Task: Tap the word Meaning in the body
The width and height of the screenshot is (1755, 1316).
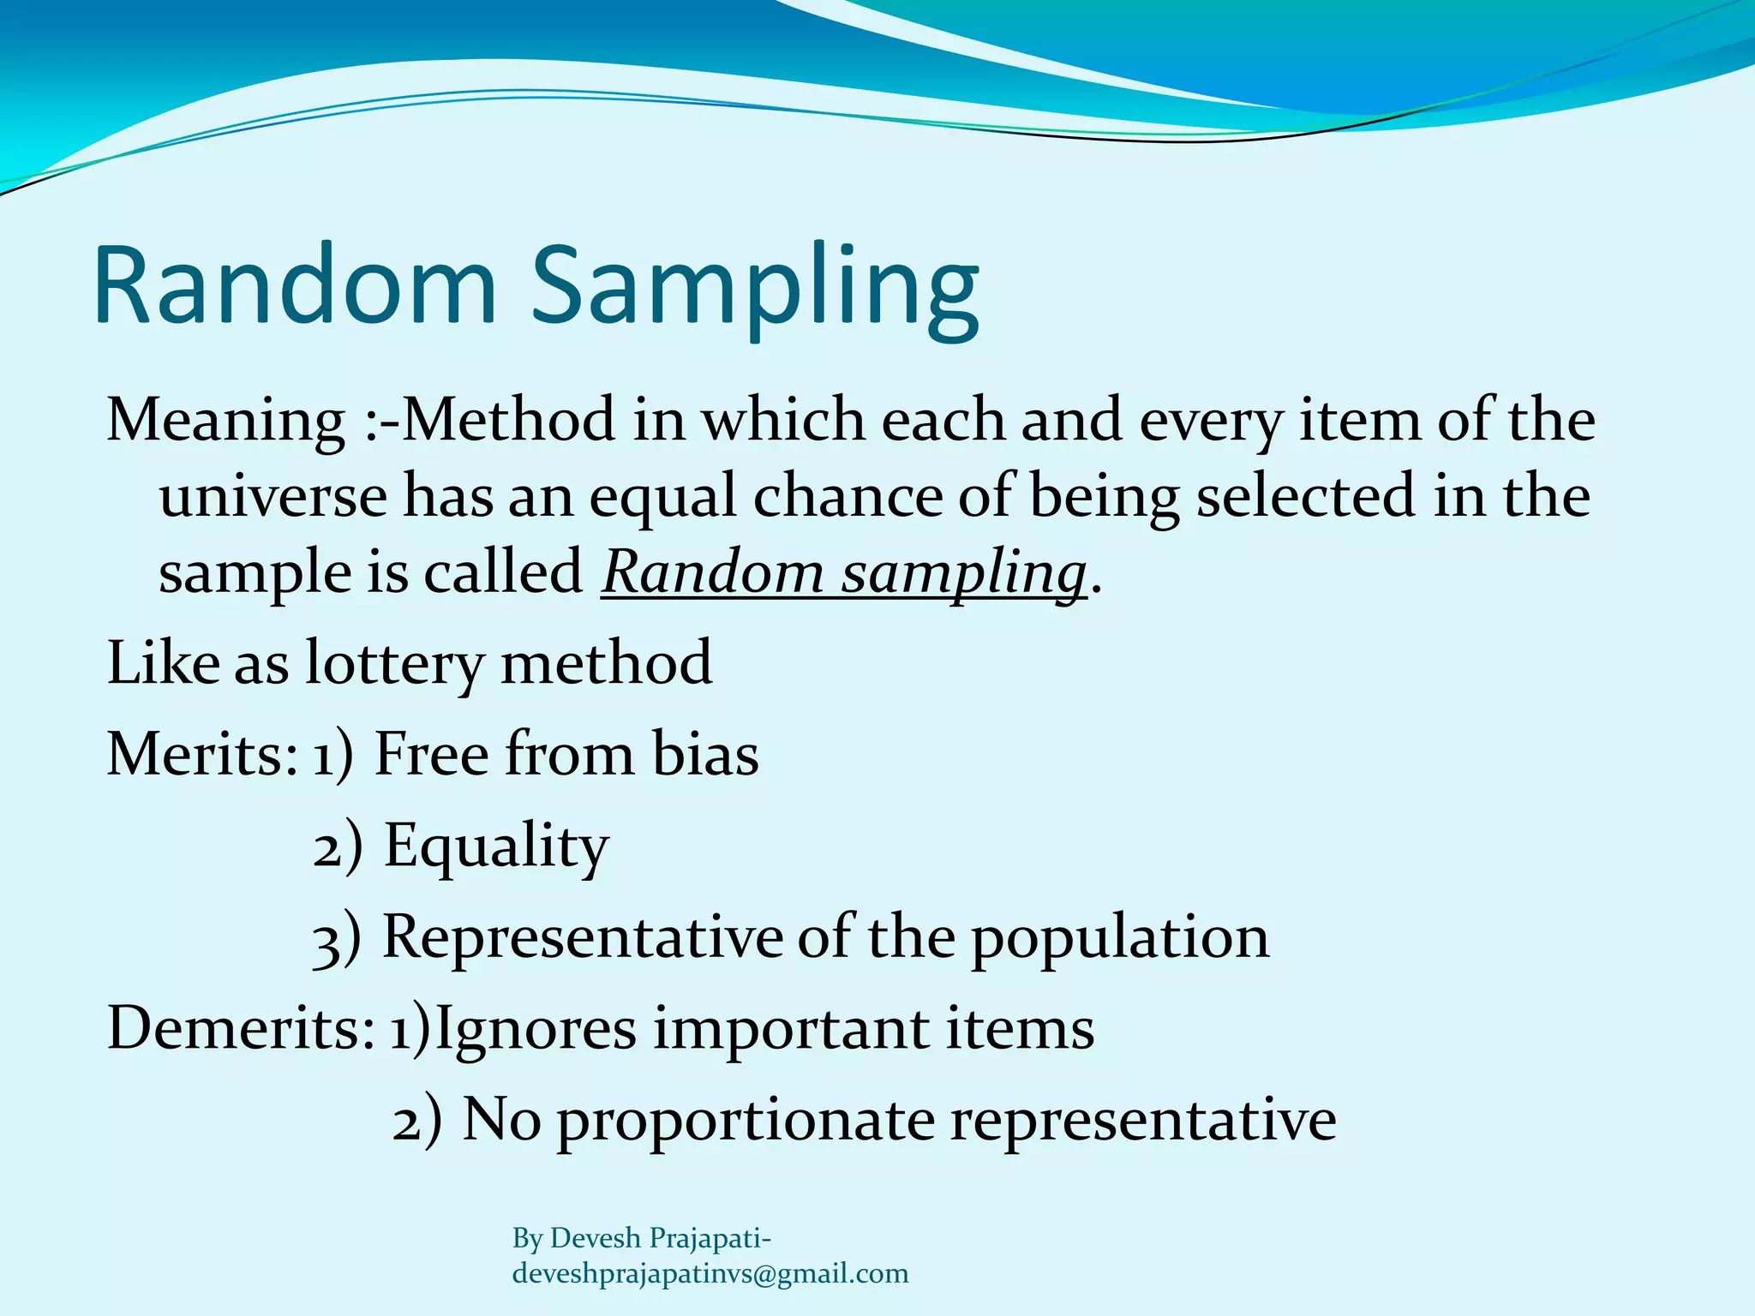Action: click(225, 422)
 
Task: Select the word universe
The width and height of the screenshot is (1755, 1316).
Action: click(273, 497)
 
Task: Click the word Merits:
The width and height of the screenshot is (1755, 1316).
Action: click(202, 755)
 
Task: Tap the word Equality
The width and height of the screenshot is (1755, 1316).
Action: click(496, 846)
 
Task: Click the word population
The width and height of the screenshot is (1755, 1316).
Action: click(1119, 937)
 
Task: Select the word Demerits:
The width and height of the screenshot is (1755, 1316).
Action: click(241, 1028)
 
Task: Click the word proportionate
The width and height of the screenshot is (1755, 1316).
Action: click(746, 1121)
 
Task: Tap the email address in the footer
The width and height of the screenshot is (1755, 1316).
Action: click(710, 1274)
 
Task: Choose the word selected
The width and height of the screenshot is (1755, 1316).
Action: click(1307, 497)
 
